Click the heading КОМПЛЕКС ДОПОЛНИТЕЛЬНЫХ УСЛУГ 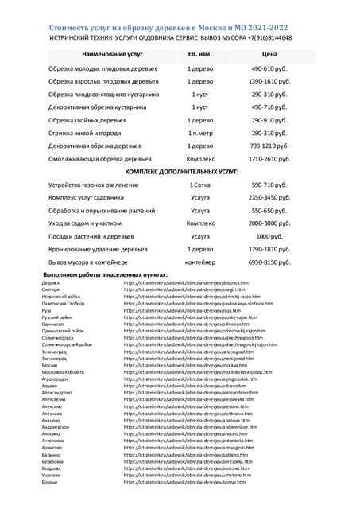[182, 172]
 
